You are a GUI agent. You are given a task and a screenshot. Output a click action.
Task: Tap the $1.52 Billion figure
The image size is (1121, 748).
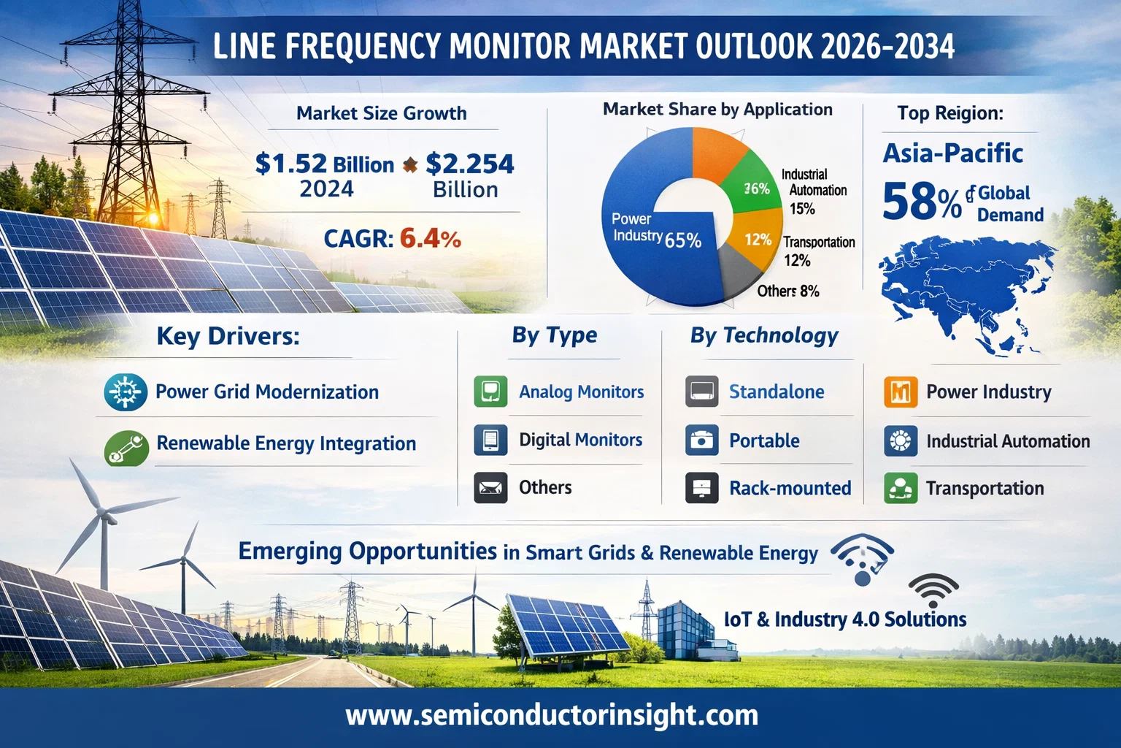point(324,164)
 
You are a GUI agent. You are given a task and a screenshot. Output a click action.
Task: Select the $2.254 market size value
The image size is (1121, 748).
point(469,164)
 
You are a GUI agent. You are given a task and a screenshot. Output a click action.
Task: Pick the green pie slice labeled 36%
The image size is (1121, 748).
point(752,183)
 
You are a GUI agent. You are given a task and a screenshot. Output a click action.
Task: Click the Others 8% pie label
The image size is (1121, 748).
point(787,291)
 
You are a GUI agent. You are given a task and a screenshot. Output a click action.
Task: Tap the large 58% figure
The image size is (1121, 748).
point(921,202)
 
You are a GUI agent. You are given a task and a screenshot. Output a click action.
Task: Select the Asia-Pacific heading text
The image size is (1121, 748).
point(952,153)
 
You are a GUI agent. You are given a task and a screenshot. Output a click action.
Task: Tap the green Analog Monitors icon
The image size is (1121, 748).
point(490,392)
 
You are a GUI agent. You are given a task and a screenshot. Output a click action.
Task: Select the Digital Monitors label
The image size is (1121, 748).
point(580,440)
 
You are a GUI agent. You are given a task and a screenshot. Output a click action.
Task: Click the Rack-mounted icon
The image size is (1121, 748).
point(702,488)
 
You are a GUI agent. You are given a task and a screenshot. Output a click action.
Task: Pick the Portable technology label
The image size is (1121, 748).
point(764,440)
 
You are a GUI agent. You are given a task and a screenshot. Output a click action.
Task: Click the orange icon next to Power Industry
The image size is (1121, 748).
point(900,392)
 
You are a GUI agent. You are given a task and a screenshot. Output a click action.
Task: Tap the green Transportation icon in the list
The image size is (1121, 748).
point(900,488)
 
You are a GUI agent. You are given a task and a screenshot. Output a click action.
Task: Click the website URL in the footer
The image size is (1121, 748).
point(552,715)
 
